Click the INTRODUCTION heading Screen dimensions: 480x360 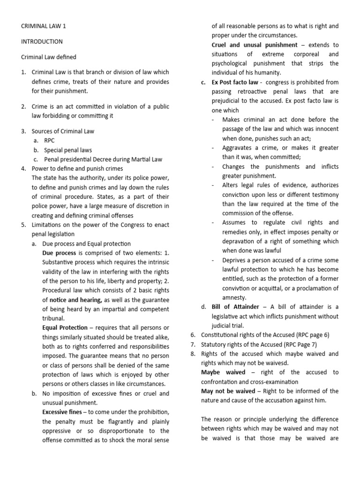coord(42,42)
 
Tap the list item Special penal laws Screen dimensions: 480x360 coord(68,150)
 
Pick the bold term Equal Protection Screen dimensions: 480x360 coord(65,327)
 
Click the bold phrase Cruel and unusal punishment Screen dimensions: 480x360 coord(255,45)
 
